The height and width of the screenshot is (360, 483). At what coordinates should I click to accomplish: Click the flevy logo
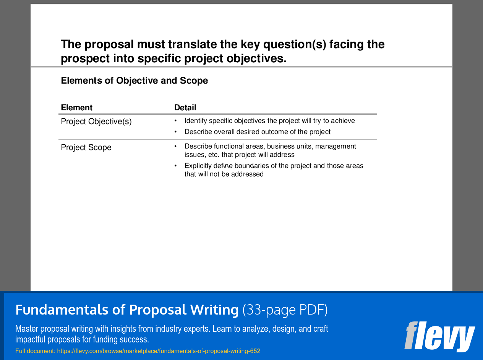(x=439, y=336)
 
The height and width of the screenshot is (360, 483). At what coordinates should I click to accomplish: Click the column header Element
(x=77, y=108)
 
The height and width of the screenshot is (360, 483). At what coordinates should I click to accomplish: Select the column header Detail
(x=185, y=108)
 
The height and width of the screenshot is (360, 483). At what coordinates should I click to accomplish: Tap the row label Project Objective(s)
(x=96, y=122)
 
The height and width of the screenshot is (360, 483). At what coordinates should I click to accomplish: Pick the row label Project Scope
(x=86, y=148)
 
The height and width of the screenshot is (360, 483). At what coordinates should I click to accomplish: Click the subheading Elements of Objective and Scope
(x=135, y=81)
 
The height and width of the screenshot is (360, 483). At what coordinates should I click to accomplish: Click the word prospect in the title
(x=85, y=59)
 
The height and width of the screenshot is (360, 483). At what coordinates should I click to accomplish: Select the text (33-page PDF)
(x=285, y=310)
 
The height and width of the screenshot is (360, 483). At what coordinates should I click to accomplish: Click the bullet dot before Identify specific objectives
(x=176, y=121)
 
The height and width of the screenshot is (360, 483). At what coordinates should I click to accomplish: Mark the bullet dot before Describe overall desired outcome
(x=176, y=132)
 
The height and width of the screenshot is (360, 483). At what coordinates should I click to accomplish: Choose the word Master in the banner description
(x=27, y=329)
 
